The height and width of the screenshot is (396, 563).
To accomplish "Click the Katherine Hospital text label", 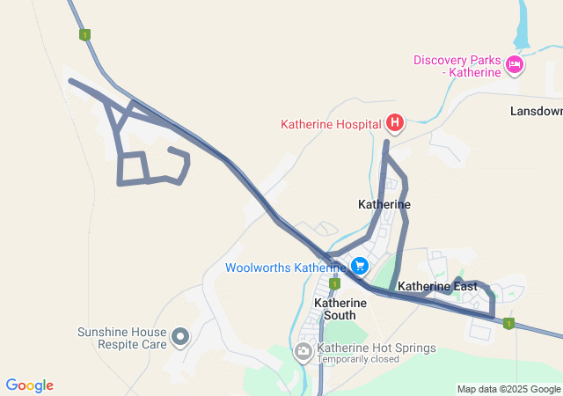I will point(331,124).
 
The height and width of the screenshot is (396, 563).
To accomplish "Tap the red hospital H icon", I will point(395,123).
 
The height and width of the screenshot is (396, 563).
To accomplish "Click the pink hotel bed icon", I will point(515,64).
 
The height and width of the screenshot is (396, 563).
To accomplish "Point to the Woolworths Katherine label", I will point(286,268).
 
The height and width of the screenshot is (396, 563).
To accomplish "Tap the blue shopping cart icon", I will point(359,265).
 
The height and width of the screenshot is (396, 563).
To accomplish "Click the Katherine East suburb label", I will point(437,287).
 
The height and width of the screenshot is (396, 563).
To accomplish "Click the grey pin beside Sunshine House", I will point(180,336).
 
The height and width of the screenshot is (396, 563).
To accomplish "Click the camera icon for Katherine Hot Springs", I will point(303,353).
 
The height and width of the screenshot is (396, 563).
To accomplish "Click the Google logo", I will point(29,385).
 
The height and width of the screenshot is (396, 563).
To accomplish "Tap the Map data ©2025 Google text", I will point(508,389).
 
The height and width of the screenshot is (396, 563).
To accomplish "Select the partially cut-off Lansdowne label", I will point(536,112).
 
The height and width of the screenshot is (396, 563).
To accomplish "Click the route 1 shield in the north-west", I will point(84,35).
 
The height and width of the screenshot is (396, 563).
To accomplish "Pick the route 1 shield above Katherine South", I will point(334,284).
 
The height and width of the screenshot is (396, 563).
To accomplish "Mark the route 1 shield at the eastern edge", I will point(508,324).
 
